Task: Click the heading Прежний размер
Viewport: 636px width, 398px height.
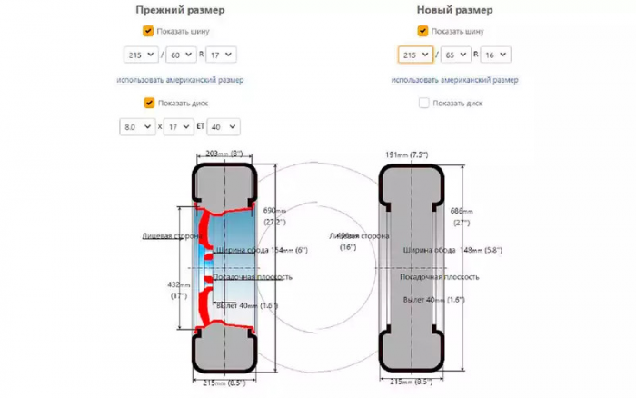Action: pyautogui.click(x=180, y=10)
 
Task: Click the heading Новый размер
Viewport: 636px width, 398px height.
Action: pyautogui.click(x=454, y=10)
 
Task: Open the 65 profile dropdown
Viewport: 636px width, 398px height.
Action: pyautogui.click(x=456, y=55)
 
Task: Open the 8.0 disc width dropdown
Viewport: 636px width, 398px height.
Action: pyautogui.click(x=137, y=127)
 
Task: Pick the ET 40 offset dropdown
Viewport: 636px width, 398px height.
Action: pyautogui.click(x=223, y=127)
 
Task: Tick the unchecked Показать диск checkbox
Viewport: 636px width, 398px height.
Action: pyautogui.click(x=423, y=103)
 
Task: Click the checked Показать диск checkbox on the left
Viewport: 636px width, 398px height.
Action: pyautogui.click(x=149, y=103)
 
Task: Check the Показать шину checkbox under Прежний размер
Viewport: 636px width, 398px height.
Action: pyautogui.click(x=149, y=31)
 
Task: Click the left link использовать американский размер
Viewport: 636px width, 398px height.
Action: pyautogui.click(x=180, y=80)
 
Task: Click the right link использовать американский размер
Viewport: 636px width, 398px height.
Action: pyautogui.click(x=454, y=80)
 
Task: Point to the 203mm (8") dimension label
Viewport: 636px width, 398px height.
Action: pyautogui.click(x=223, y=154)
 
